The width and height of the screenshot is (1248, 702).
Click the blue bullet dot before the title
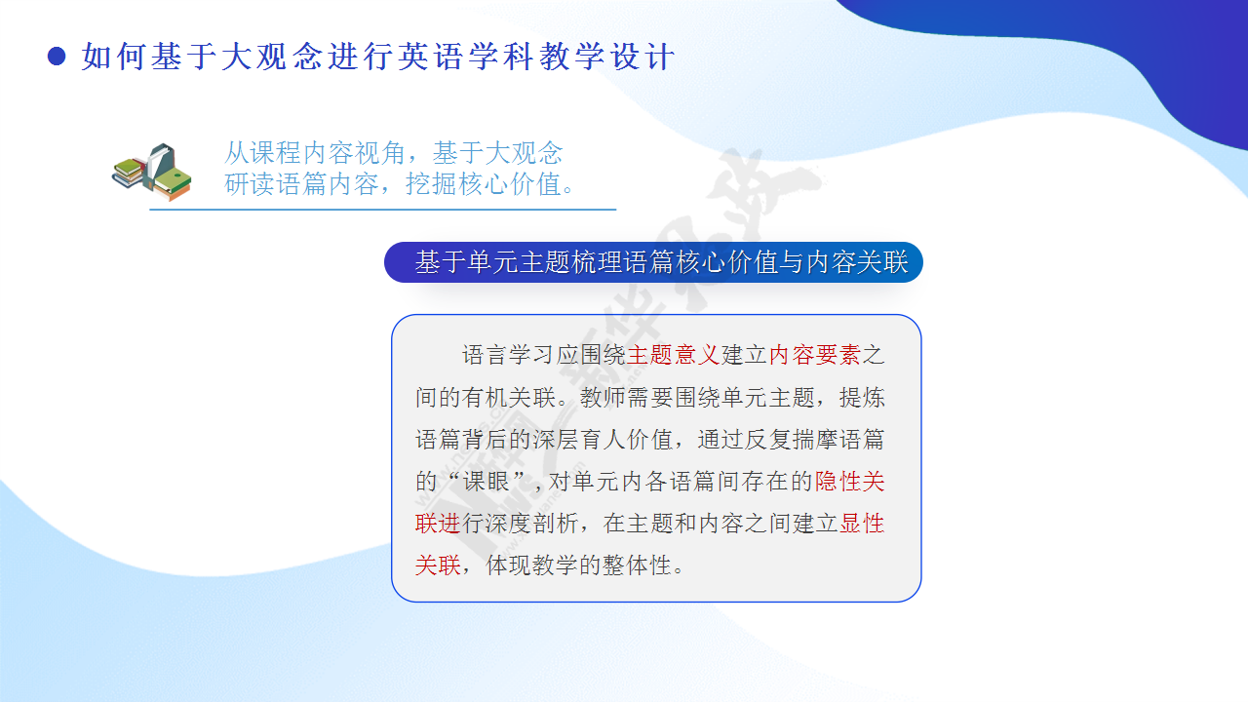click(x=57, y=57)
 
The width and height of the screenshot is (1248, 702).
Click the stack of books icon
click(x=151, y=172)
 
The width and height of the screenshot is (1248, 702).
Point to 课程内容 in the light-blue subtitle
click(x=302, y=153)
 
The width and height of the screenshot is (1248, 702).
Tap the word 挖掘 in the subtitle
click(x=431, y=184)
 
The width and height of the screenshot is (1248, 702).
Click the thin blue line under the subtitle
click(x=383, y=210)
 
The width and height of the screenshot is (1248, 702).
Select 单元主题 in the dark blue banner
click(x=518, y=262)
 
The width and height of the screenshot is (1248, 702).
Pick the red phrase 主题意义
click(x=673, y=355)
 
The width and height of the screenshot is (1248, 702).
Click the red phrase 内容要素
click(x=815, y=355)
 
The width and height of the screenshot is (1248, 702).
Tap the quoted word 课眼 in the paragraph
click(x=486, y=482)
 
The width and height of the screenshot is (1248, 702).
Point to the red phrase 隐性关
click(x=849, y=482)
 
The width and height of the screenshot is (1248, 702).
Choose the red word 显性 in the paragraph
click(x=862, y=524)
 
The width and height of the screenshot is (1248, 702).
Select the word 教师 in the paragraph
click(x=603, y=398)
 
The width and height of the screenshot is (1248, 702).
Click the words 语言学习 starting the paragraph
click(x=508, y=355)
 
